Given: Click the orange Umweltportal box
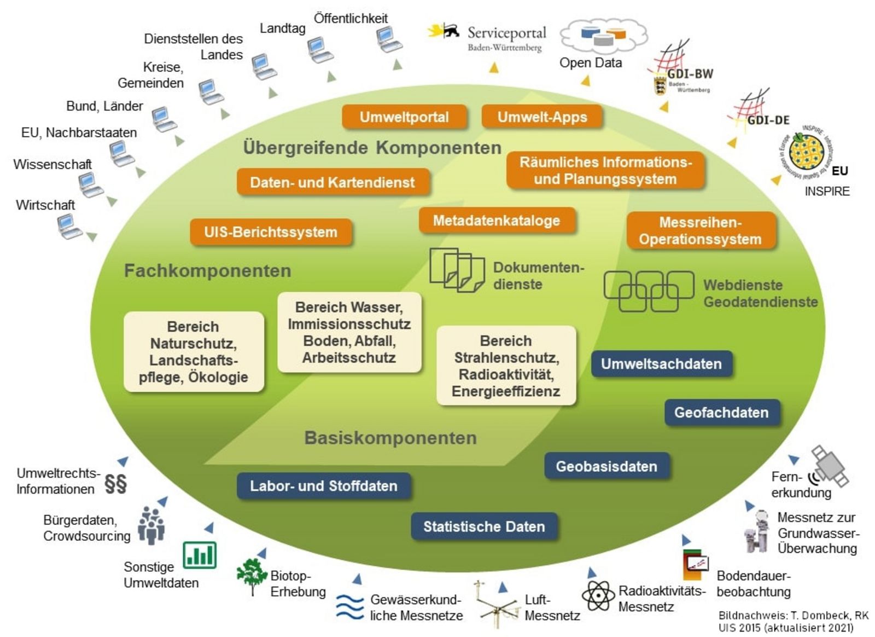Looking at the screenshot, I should [404, 117].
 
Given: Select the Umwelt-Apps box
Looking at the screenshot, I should [542, 117].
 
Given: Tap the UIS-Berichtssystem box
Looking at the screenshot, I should [271, 232].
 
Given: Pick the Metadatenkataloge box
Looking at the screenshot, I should [497, 221].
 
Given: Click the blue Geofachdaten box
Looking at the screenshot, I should [721, 413].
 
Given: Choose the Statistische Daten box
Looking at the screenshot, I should [484, 526].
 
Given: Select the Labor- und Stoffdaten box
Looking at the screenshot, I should [324, 486].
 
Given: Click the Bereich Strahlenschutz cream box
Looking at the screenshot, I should [506, 366].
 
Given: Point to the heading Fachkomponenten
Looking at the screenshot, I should [207, 271].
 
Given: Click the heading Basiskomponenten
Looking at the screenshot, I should [390, 438].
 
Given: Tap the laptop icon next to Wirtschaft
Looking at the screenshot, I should [69, 225].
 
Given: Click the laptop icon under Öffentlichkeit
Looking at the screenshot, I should [388, 39].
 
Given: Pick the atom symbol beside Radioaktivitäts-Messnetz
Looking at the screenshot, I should [598, 595].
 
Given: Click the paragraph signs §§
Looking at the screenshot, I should [115, 483].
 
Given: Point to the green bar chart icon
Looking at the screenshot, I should [200, 555].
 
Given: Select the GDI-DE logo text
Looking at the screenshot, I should [768, 120].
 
